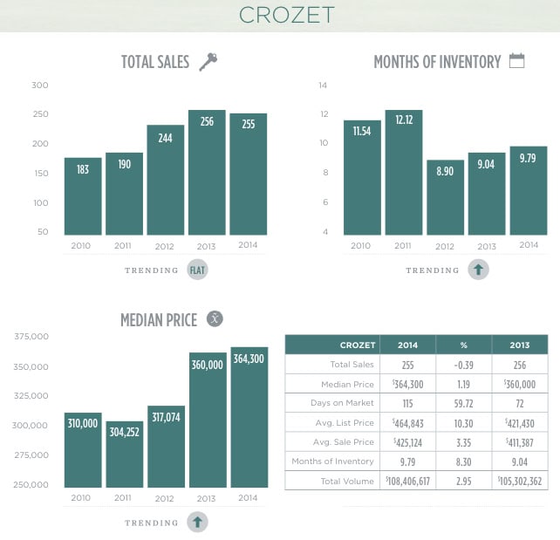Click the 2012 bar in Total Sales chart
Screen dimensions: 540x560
coord(165,180)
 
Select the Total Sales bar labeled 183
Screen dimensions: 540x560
coord(83,196)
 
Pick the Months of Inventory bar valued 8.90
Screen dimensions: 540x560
coord(445,198)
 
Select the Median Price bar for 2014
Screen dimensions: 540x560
coord(249,417)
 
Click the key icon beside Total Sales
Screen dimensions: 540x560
coord(208,61)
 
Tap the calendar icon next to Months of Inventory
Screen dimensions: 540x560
coord(516,61)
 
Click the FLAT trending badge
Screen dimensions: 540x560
coord(198,270)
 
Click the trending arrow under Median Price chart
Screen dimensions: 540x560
coord(198,523)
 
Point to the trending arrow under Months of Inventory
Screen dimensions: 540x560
coord(478,270)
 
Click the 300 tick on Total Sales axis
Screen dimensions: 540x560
coord(40,85)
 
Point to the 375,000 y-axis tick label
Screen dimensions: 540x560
coord(31,337)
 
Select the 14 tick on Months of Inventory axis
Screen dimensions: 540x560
coord(323,85)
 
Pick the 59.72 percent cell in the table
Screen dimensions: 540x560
coord(464,402)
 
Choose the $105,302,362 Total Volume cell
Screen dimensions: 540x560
coord(519,481)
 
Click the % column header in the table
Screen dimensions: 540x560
coord(464,345)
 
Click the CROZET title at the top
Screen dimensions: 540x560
coord(279,16)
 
